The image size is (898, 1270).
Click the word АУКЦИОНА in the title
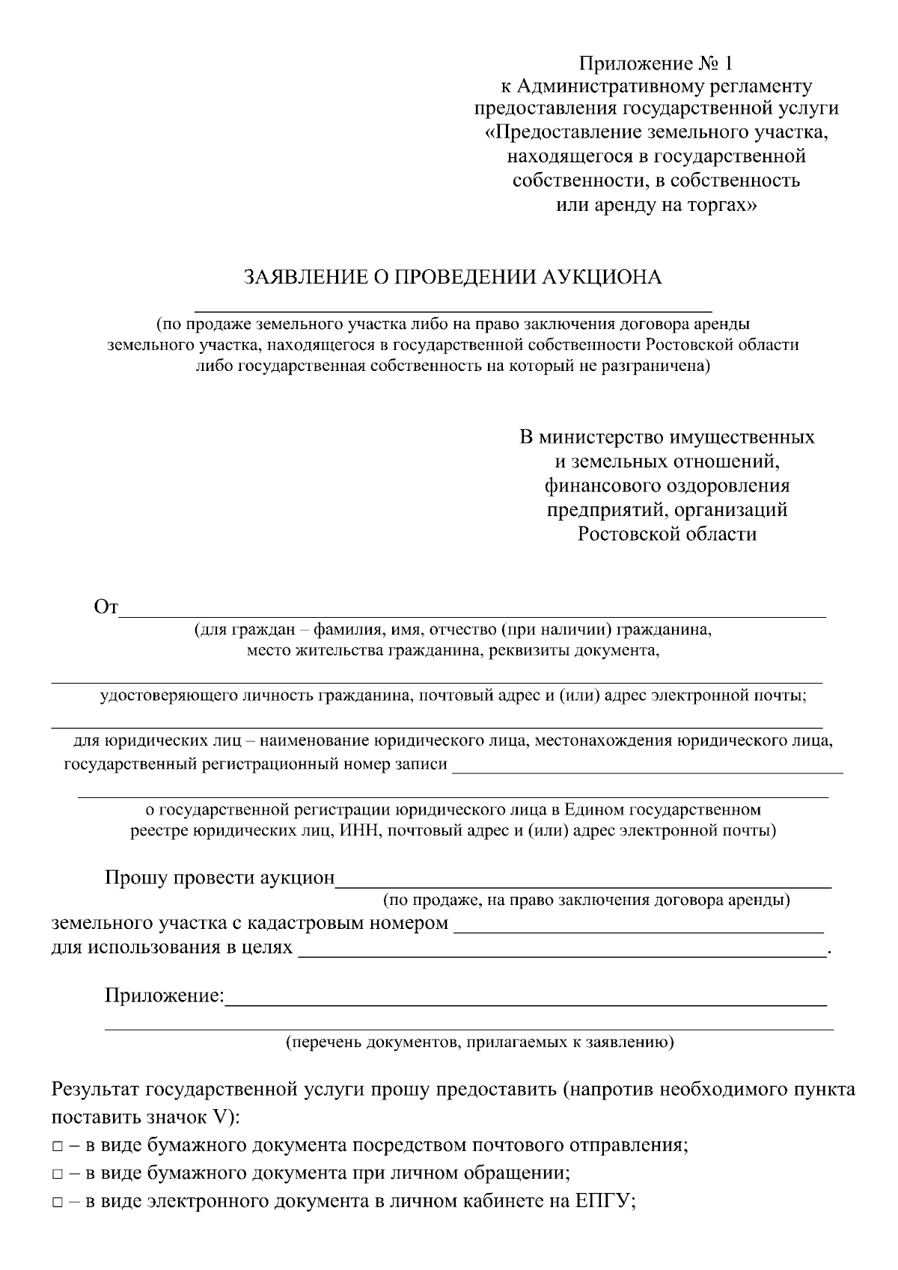click(602, 277)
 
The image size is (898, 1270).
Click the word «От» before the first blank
click(106, 607)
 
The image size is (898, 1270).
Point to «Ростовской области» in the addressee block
click(667, 535)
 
